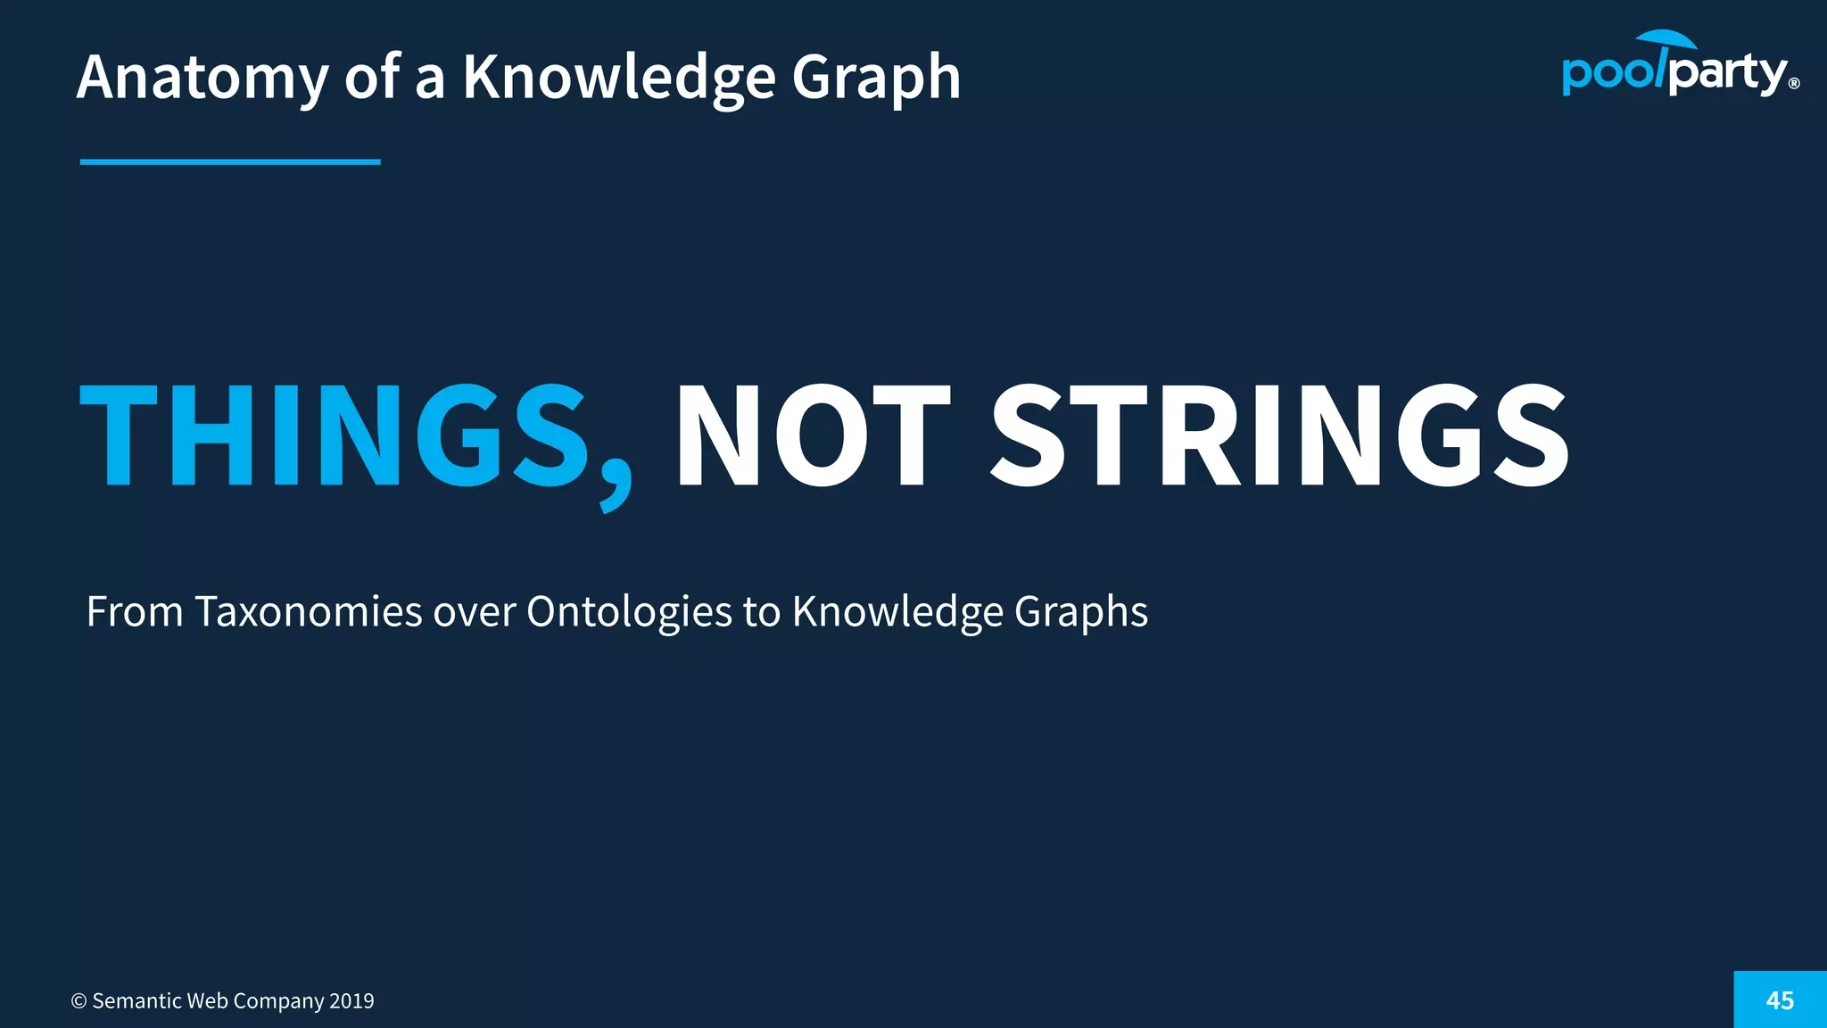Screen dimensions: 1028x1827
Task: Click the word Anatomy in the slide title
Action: [x=203, y=78]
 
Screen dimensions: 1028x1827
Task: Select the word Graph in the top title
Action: [x=876, y=78]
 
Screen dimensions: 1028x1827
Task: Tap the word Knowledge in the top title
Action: [x=619, y=78]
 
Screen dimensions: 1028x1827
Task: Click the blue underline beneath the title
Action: [x=230, y=162]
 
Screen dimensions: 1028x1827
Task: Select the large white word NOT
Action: [x=813, y=435]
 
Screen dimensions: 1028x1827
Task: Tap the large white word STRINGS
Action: [x=1280, y=435]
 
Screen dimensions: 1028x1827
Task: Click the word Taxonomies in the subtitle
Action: [x=309, y=612]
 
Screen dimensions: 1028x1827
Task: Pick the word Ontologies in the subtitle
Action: [x=629, y=612]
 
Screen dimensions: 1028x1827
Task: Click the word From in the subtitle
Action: [x=135, y=612]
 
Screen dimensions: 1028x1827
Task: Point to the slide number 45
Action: [x=1780, y=1000]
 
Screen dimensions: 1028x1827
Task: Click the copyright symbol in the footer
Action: [x=79, y=1001]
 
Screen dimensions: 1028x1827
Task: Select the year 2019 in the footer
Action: [x=351, y=1001]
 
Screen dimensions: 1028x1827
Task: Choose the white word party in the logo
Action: [x=1727, y=73]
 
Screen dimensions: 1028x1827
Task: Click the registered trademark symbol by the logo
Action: [x=1794, y=85]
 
